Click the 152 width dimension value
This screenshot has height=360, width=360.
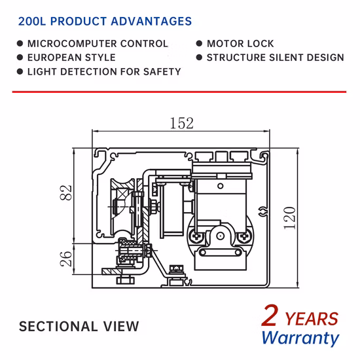tap(181, 123)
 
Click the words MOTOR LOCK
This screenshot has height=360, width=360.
tap(240, 44)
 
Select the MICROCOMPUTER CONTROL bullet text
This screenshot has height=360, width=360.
tap(98, 44)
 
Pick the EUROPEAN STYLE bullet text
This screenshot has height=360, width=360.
tap(71, 58)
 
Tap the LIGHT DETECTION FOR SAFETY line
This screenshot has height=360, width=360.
tap(104, 71)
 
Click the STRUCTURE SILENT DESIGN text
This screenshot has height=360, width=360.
tap(275, 58)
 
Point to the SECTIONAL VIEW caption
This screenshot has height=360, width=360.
tap(79, 326)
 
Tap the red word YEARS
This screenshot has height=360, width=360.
tap(312, 319)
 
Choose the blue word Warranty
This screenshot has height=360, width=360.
tap(300, 338)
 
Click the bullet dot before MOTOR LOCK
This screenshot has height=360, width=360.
tap(199, 44)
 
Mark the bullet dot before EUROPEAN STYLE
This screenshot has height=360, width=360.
tap(20, 58)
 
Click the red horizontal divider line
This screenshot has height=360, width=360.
tap(179, 92)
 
